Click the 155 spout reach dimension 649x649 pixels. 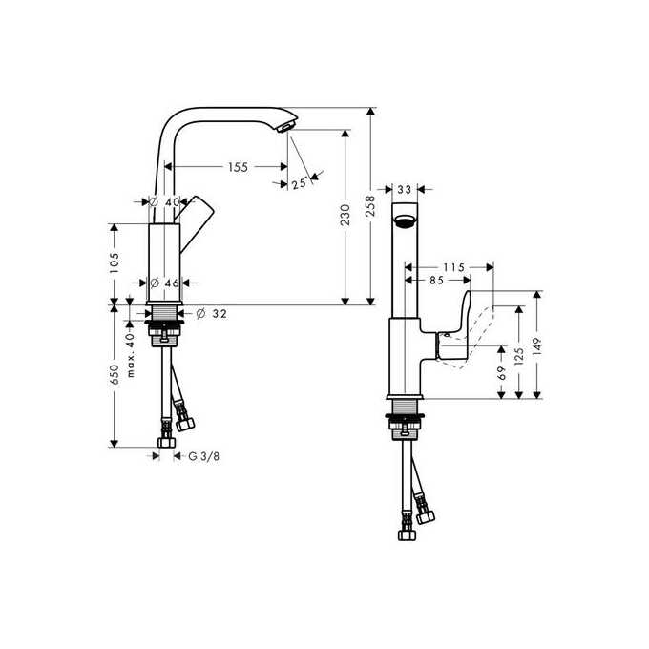pyautogui.click(x=238, y=167)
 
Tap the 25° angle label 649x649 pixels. pyautogui.click(x=299, y=183)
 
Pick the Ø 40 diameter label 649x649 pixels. pyautogui.click(x=165, y=202)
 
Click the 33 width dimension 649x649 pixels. pyautogui.click(x=404, y=190)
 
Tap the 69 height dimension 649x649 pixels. pyautogui.click(x=502, y=374)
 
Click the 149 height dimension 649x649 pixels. pyautogui.click(x=538, y=345)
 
